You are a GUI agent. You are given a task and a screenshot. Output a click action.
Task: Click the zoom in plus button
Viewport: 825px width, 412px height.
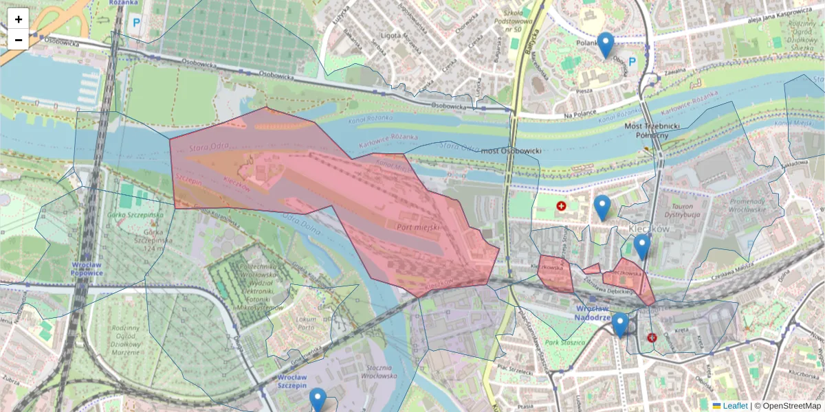[x=19, y=19]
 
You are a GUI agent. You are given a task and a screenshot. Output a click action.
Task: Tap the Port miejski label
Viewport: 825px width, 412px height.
[x=418, y=225]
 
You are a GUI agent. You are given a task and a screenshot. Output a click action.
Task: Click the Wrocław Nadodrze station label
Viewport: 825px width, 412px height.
[x=593, y=312]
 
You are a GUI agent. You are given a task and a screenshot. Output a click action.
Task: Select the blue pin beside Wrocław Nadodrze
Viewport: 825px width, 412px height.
[x=620, y=325]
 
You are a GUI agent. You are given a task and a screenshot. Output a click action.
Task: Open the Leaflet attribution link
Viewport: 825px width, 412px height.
[x=734, y=406]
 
